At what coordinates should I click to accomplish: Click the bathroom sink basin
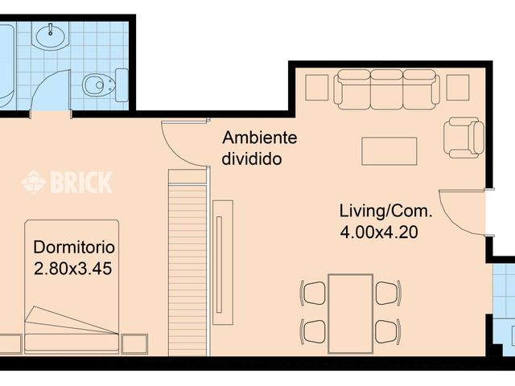coord(51,36)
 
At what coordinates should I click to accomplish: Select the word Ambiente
coord(259,138)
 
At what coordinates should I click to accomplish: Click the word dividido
coord(252,158)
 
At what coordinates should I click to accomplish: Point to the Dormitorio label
coord(74,247)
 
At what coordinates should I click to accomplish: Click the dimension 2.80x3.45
coord(73,269)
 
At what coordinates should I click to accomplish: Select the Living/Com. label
coord(385,211)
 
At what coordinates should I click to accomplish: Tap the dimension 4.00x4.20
coord(379,232)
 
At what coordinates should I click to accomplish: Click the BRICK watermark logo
coord(67,182)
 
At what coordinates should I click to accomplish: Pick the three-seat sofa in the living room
coord(386,89)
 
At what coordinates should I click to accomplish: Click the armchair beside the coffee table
coord(463,138)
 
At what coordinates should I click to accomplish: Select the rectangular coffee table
coord(389,151)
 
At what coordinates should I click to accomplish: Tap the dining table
coord(351,314)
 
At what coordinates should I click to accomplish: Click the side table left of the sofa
coord(317,88)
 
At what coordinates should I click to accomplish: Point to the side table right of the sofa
coord(458,88)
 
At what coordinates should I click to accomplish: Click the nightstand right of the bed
coord(134,344)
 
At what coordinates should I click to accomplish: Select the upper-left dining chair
coord(313,293)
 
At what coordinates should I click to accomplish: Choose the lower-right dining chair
coord(388,331)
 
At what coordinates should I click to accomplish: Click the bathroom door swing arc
coord(45,82)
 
